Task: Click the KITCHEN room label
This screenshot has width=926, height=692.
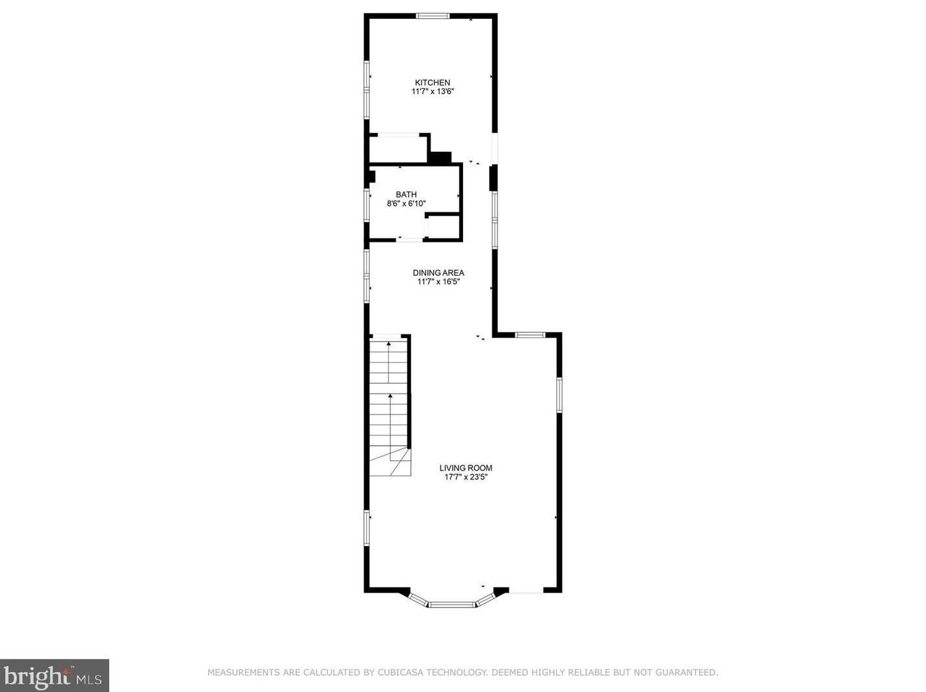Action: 432,82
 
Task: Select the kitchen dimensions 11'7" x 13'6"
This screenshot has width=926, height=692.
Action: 432,92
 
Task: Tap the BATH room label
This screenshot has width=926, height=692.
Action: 407,194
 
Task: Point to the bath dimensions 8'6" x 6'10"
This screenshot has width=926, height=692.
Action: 407,203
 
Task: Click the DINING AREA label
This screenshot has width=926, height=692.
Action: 438,273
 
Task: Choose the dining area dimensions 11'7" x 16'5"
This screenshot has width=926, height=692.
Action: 438,282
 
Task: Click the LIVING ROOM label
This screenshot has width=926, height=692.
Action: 466,467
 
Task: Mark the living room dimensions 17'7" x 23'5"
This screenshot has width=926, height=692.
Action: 466,477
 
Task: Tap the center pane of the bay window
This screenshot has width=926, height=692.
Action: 451,605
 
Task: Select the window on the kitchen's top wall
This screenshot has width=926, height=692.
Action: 432,16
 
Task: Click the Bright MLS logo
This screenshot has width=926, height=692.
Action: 55,676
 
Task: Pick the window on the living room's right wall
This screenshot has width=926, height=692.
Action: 559,395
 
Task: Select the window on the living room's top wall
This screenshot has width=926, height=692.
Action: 530,335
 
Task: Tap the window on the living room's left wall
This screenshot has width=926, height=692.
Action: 367,528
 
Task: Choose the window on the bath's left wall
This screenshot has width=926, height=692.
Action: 367,204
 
